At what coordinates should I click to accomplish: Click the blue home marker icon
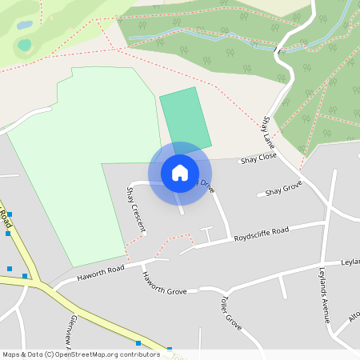pyautogui.click(x=180, y=172)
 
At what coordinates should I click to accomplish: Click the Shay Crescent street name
pyautogui.click(x=136, y=210)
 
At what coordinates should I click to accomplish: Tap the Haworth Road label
pyautogui.click(x=101, y=274)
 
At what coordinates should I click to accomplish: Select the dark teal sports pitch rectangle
pyautogui.click(x=185, y=120)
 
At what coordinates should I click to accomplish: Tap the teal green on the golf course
pyautogui.click(x=25, y=45)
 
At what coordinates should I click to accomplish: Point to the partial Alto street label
pyautogui.click(x=354, y=318)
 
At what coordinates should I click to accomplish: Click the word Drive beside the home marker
pyautogui.click(x=207, y=186)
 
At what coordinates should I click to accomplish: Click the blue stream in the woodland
pyautogui.click(x=208, y=37)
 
